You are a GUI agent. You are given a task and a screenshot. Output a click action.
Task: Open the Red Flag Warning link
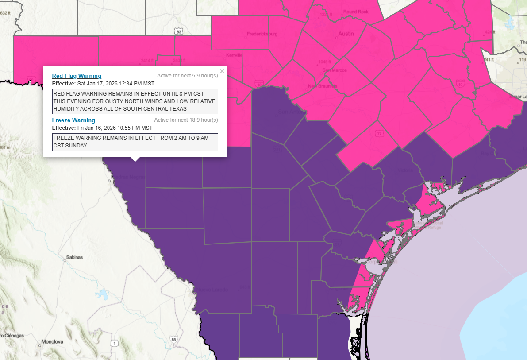click(x=77, y=76)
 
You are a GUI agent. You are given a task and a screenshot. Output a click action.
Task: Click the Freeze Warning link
click(x=73, y=120)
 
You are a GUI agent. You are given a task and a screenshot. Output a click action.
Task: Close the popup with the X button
click(x=222, y=71)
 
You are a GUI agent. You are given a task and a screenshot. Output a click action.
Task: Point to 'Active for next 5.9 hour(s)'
click(x=187, y=76)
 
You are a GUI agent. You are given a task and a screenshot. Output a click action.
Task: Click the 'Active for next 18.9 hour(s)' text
click(x=186, y=120)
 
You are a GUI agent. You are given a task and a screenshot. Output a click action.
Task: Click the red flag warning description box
click(x=135, y=101)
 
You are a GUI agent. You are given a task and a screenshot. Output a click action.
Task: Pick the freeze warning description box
click(x=135, y=142)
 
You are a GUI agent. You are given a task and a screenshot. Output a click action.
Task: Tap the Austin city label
click(x=346, y=34)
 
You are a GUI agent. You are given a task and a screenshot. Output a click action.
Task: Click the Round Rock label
click(x=356, y=12)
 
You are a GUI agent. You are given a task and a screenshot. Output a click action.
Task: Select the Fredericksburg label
click(x=262, y=34)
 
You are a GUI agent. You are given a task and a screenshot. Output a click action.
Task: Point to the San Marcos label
click(x=334, y=70)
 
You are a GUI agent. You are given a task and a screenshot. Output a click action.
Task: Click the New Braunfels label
click(x=323, y=86)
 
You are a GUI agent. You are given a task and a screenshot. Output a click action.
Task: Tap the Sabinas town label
click(x=74, y=257)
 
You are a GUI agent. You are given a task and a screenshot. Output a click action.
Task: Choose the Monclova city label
click(x=53, y=341)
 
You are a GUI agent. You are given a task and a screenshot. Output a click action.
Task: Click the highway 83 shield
click(x=178, y=32)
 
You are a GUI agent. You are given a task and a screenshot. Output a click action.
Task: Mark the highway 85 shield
click(x=173, y=340)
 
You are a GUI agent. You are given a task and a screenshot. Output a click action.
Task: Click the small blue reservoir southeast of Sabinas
click(x=103, y=294)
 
